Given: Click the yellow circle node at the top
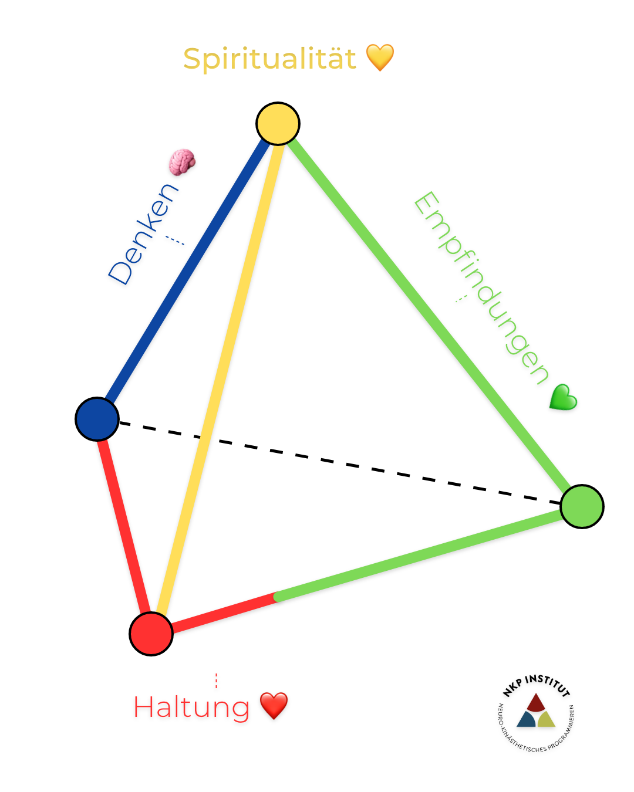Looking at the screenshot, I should pyautogui.click(x=278, y=124).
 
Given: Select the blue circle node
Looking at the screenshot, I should pyautogui.click(x=97, y=419).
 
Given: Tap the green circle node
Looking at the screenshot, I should pyautogui.click(x=582, y=506).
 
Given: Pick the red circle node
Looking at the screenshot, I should pyautogui.click(x=151, y=634).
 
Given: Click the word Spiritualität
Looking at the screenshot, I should pyautogui.click(x=269, y=59).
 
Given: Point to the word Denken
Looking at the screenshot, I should pyautogui.click(x=143, y=234).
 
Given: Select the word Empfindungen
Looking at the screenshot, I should pyautogui.click(x=481, y=287).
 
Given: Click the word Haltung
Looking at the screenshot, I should pyautogui.click(x=191, y=708).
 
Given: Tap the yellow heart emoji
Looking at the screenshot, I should pyautogui.click(x=380, y=57).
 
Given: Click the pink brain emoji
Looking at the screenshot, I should pyautogui.click(x=182, y=162).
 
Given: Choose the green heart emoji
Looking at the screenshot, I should pyautogui.click(x=564, y=397).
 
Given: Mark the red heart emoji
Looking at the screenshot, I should pyautogui.click(x=274, y=705).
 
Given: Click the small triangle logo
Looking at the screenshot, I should pyautogui.click(x=536, y=712).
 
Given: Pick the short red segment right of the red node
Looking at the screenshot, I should pyautogui.click(x=223, y=613).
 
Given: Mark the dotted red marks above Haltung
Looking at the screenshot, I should pyautogui.click(x=217, y=681).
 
